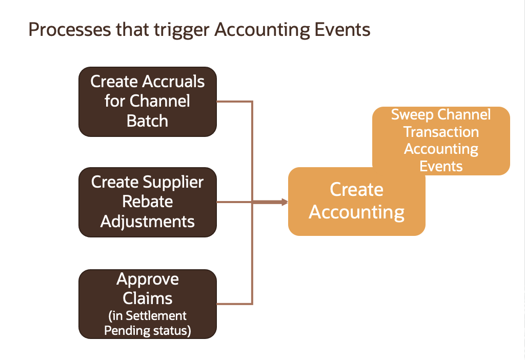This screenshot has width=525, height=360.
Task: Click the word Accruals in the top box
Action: click(x=172, y=82)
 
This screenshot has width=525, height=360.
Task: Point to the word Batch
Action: click(x=148, y=121)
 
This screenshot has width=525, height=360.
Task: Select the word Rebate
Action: click(x=148, y=202)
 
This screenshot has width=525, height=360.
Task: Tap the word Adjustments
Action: click(x=148, y=221)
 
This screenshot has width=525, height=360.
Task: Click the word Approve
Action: click(x=148, y=279)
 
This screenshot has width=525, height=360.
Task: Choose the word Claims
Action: click(x=148, y=298)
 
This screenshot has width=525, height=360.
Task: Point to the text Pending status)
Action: click(x=148, y=331)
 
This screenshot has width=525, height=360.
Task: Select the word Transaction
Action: click(x=441, y=132)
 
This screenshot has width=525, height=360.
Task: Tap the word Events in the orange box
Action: click(x=441, y=166)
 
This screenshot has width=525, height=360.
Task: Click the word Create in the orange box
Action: click(x=356, y=190)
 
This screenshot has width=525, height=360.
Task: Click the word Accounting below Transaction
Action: click(x=441, y=149)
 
